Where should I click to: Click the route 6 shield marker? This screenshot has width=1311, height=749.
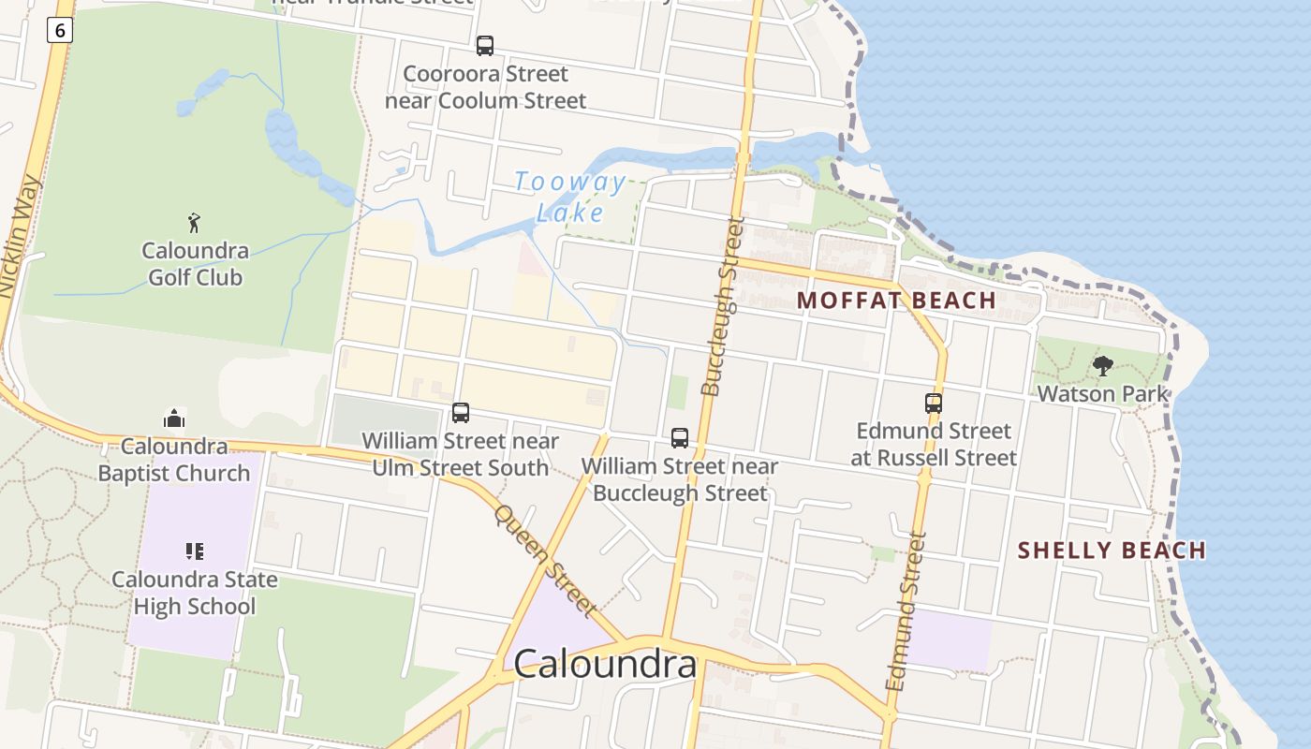(x=60, y=30)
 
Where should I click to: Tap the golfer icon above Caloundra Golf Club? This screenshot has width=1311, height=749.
(x=194, y=223)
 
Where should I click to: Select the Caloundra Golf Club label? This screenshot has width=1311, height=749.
(x=196, y=264)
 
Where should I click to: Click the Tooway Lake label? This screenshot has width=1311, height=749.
(x=570, y=197)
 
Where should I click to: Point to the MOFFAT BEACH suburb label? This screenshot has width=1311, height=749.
(x=896, y=301)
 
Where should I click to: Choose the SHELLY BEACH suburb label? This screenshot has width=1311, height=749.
(x=1112, y=551)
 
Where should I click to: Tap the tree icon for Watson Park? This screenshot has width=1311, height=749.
(x=1103, y=366)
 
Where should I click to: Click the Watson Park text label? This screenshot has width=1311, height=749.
(x=1103, y=394)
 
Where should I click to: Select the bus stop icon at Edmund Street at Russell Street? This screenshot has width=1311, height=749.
(x=934, y=404)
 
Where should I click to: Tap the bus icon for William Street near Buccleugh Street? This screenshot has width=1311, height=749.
(x=680, y=437)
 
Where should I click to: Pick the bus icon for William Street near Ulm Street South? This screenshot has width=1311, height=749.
(x=460, y=412)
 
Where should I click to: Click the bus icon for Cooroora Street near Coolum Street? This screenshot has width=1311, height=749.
(x=485, y=45)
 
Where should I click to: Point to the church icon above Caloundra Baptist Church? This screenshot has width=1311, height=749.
(x=174, y=418)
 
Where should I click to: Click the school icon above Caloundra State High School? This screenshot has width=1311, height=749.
(x=195, y=551)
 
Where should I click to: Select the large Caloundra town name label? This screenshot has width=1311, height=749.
(x=605, y=664)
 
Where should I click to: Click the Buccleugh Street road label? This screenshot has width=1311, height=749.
(x=722, y=307)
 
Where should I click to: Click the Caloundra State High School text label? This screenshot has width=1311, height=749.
(x=195, y=593)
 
